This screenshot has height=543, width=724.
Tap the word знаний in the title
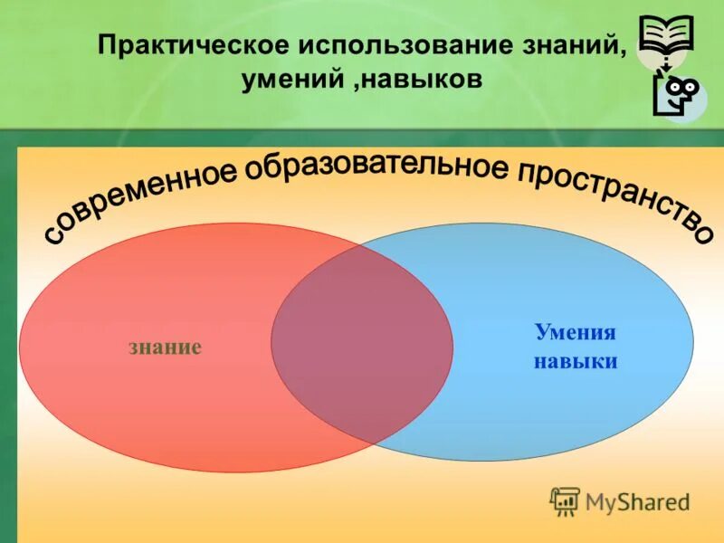click(582, 45)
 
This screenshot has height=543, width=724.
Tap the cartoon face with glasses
click(679, 90)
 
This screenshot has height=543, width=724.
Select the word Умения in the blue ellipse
click(576, 332)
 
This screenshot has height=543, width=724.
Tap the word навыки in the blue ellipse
click(576, 362)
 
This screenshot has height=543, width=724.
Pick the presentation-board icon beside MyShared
click(565, 500)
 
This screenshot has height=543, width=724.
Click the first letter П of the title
click(108, 45)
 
